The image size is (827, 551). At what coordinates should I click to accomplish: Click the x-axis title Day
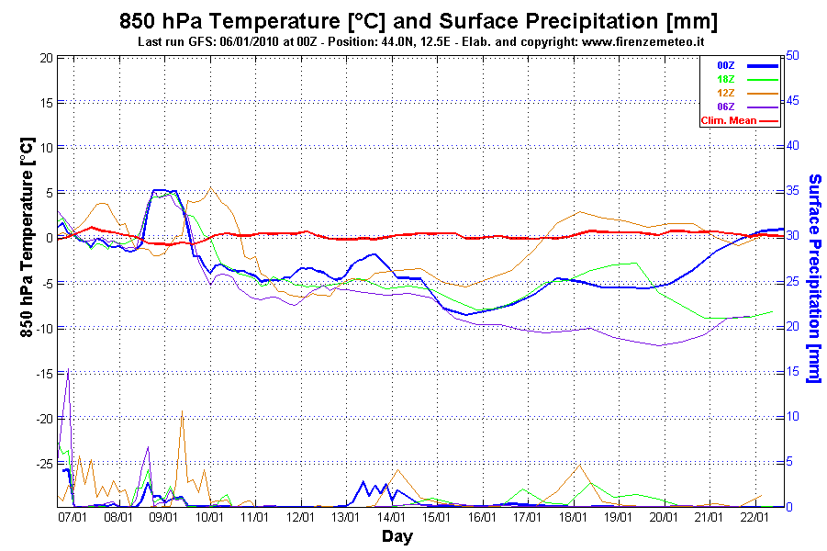click(397, 535)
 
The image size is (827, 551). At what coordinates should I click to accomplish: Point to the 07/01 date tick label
click(73, 517)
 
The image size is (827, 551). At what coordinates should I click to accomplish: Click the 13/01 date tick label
click(345, 517)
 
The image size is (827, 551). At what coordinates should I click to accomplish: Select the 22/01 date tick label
click(754, 517)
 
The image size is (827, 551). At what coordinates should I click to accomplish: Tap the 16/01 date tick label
click(482, 517)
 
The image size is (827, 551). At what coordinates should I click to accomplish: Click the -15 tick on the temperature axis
click(41, 373)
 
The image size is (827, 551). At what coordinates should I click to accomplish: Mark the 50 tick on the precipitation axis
click(792, 56)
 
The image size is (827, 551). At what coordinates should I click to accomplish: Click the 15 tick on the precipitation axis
click(792, 371)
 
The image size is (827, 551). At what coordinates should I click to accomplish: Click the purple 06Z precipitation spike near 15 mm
click(68, 370)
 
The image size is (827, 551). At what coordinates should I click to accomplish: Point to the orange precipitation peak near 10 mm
click(182, 411)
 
